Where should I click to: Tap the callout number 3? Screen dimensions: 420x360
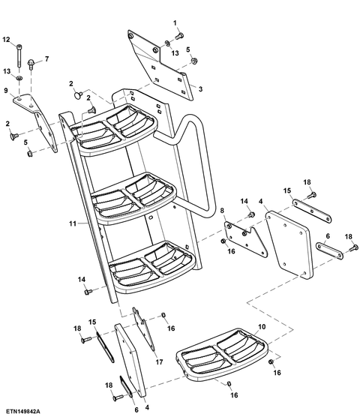coord(200,88)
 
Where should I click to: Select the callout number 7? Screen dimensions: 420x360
coord(46,58)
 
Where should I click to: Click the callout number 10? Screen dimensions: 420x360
coord(261,326)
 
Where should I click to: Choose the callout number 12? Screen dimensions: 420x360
coord(7,39)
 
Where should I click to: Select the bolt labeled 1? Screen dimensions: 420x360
coord(181,35)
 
